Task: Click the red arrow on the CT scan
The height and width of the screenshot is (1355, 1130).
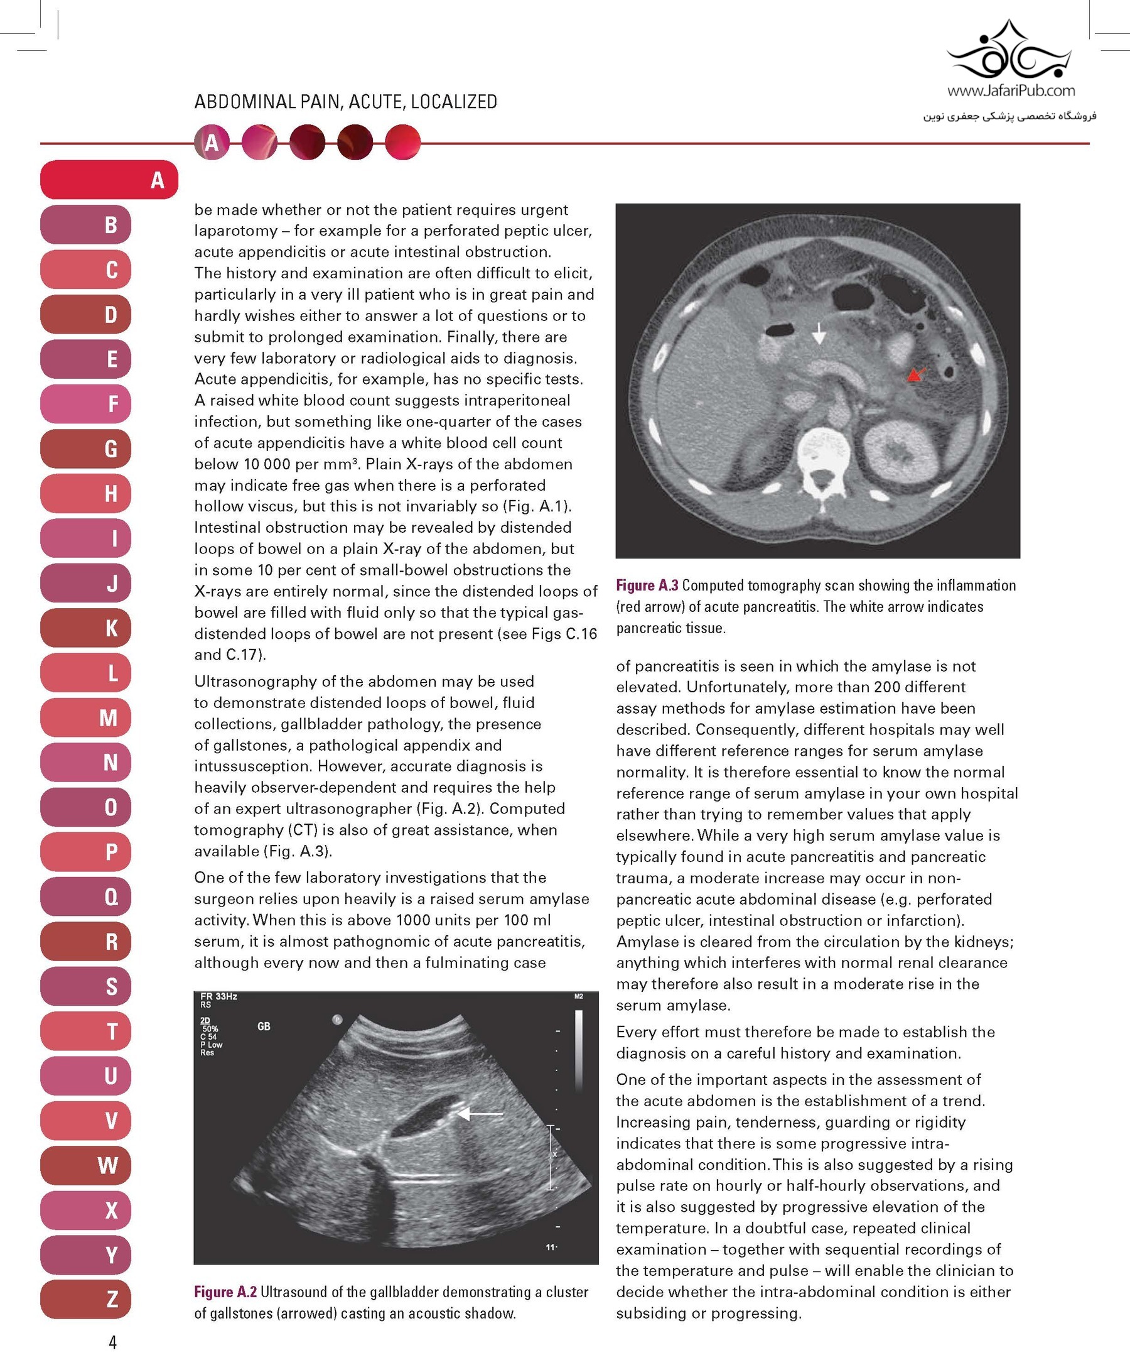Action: (x=915, y=374)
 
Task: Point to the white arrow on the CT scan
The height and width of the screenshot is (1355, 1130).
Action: (x=819, y=333)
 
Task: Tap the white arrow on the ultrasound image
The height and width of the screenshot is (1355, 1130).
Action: (x=480, y=1114)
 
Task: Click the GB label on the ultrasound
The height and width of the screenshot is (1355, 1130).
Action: (x=264, y=1026)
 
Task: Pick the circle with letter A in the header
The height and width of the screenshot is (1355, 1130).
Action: (x=212, y=143)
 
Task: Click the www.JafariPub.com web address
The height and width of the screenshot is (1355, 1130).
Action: (x=1011, y=91)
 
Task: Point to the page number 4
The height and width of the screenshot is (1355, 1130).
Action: (x=113, y=1342)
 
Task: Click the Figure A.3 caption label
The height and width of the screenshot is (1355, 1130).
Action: (x=647, y=585)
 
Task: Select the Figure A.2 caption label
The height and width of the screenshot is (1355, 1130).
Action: (x=225, y=1292)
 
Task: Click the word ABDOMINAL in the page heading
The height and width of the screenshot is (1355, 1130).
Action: (x=244, y=102)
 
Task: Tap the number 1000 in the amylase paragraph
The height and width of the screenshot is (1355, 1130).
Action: (x=414, y=920)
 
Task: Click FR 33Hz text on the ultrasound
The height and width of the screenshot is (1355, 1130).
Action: (x=218, y=996)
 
